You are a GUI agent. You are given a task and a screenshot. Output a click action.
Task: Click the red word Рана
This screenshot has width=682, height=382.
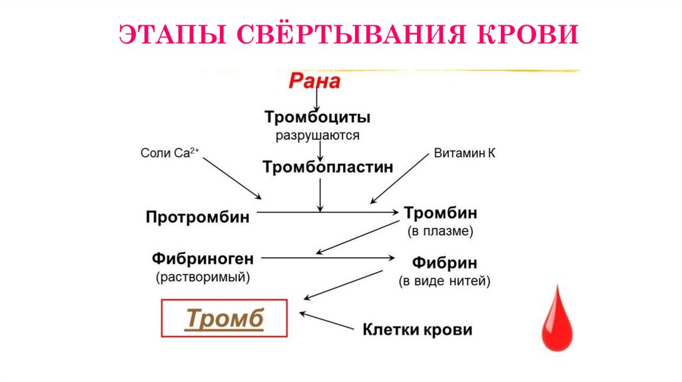click(x=314, y=82)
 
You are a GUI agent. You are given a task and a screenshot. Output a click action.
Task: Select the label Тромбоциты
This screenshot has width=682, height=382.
click(x=317, y=118)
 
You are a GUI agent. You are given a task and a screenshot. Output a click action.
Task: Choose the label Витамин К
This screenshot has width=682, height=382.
click(x=464, y=153)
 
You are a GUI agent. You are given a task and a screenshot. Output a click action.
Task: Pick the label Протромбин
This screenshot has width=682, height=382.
click(x=198, y=218)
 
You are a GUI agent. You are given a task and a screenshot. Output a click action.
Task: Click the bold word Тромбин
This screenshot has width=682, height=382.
click(x=440, y=214)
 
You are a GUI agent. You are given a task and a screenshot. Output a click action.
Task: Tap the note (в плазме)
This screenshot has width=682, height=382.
click(x=440, y=232)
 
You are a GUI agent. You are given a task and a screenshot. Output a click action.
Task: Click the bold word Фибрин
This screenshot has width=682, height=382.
click(x=444, y=262)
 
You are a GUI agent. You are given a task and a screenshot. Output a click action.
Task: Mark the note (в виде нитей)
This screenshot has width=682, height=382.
click(x=444, y=281)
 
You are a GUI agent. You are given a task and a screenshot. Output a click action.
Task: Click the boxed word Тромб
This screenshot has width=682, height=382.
click(x=224, y=319)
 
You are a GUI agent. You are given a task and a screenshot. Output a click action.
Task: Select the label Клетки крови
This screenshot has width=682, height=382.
click(x=417, y=329)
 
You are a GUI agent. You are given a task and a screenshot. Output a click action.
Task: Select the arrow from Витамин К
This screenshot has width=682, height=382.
click(x=400, y=178)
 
